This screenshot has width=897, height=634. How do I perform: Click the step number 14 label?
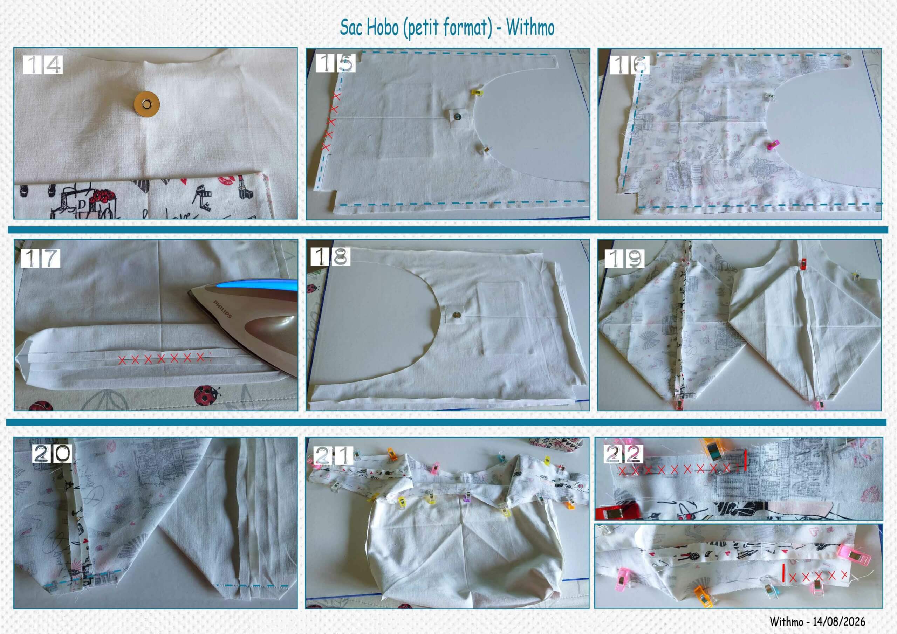tap(43, 64)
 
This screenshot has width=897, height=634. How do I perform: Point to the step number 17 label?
tap(40, 258)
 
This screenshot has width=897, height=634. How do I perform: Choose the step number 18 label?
tap(330, 256)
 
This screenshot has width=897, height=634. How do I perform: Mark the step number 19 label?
tap(624, 258)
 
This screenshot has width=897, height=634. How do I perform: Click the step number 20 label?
tap(52, 454)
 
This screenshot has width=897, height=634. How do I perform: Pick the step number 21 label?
tap(334, 455)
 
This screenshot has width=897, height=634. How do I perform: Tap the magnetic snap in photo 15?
tap(457, 115)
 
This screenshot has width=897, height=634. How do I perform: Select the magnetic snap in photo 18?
tap(456, 313)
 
